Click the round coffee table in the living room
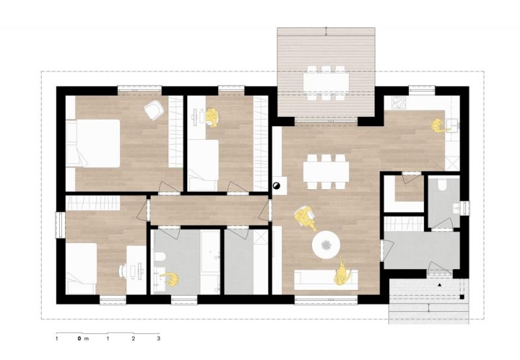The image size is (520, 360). (x=326, y=244)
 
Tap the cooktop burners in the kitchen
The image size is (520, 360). (x=399, y=103)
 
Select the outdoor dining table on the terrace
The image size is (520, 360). (x=326, y=83)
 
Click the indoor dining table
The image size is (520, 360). (x=326, y=172)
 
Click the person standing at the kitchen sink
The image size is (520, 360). (x=437, y=125)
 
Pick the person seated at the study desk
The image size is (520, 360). (x=212, y=118)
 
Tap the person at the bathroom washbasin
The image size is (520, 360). (x=170, y=279)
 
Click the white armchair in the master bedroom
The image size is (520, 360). (x=153, y=109)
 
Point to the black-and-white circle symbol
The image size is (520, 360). (x=276, y=186)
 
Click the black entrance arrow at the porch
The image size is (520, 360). (x=440, y=285)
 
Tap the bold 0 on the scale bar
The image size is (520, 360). (x=79, y=339)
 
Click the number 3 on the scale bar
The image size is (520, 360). (x=159, y=339)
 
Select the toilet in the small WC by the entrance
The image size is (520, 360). (x=443, y=185)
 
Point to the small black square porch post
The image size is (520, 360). (x=461, y=297)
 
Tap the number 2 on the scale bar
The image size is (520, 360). (x=133, y=339)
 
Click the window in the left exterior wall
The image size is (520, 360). (x=60, y=225)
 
